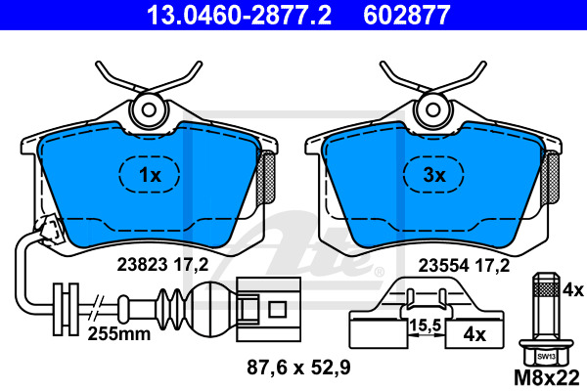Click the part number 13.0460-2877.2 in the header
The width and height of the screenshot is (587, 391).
coord(239,15)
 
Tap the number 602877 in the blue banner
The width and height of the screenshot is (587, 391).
coord(407,15)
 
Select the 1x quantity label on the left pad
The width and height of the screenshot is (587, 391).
coord(150,175)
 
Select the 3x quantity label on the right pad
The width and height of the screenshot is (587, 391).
coord(434,175)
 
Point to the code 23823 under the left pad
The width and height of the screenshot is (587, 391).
coord(142,265)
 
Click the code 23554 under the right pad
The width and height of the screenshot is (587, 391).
coord(443,266)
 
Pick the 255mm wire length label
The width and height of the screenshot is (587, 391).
coord(119,333)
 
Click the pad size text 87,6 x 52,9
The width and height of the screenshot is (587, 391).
coord(298,368)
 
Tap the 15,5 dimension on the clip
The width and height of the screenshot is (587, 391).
coord(426,326)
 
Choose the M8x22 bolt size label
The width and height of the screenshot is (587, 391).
coord(547,378)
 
